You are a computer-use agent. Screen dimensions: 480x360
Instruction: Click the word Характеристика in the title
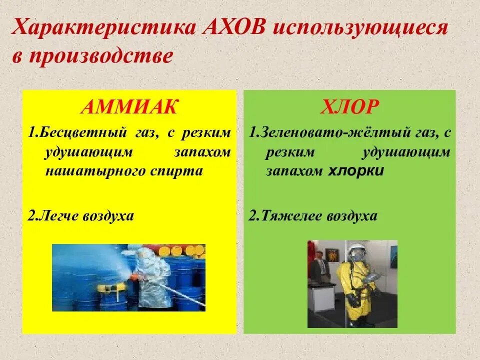(x=104, y=28)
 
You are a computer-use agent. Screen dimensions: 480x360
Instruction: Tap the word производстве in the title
(x=101, y=56)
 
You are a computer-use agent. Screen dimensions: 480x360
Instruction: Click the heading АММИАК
(x=129, y=107)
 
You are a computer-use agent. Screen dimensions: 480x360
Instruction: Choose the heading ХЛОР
(x=349, y=107)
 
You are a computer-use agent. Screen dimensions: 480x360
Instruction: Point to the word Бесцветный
(x=82, y=133)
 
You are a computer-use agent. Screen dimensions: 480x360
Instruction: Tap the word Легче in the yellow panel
(x=58, y=216)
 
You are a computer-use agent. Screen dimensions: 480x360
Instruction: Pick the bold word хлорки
(x=355, y=171)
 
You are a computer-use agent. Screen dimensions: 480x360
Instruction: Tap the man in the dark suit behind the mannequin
(x=319, y=266)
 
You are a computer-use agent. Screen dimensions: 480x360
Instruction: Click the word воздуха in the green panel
(x=352, y=216)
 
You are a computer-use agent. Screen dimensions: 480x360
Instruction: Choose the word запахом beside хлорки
(x=294, y=171)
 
